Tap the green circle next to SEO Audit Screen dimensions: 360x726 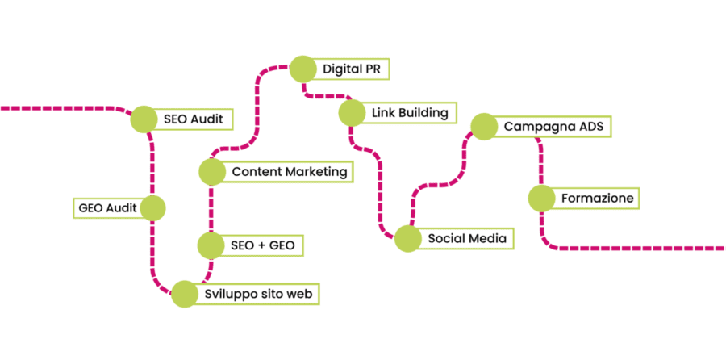[144, 119]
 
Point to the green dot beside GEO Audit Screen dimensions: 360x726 [152, 208]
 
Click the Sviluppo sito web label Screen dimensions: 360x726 [257, 294]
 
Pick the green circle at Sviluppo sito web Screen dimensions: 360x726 [184, 294]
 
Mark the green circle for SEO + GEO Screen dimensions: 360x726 [211, 244]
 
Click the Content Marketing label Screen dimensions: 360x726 [289, 171]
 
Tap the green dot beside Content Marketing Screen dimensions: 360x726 [211, 171]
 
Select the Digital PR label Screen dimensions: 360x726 [351, 69]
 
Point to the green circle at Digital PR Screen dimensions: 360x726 [302, 69]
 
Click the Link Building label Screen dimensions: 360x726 [409, 112]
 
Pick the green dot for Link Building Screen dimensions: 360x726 [352, 112]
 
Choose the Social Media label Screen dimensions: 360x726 [466, 238]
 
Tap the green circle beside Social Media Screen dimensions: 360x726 [408, 238]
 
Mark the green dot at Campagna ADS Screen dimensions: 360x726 [483, 127]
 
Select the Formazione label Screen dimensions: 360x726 [597, 198]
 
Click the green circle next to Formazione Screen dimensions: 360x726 [541, 198]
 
